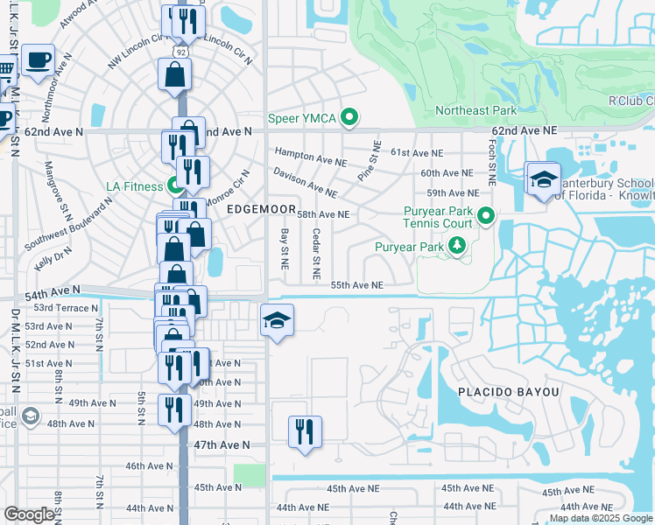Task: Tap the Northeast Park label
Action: (476, 110)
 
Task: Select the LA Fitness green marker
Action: (174, 186)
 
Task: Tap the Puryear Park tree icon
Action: (456, 248)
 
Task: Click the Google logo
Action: (30, 514)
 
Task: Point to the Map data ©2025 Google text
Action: (601, 518)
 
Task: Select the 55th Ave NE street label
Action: (357, 285)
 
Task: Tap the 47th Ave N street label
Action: (222, 444)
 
